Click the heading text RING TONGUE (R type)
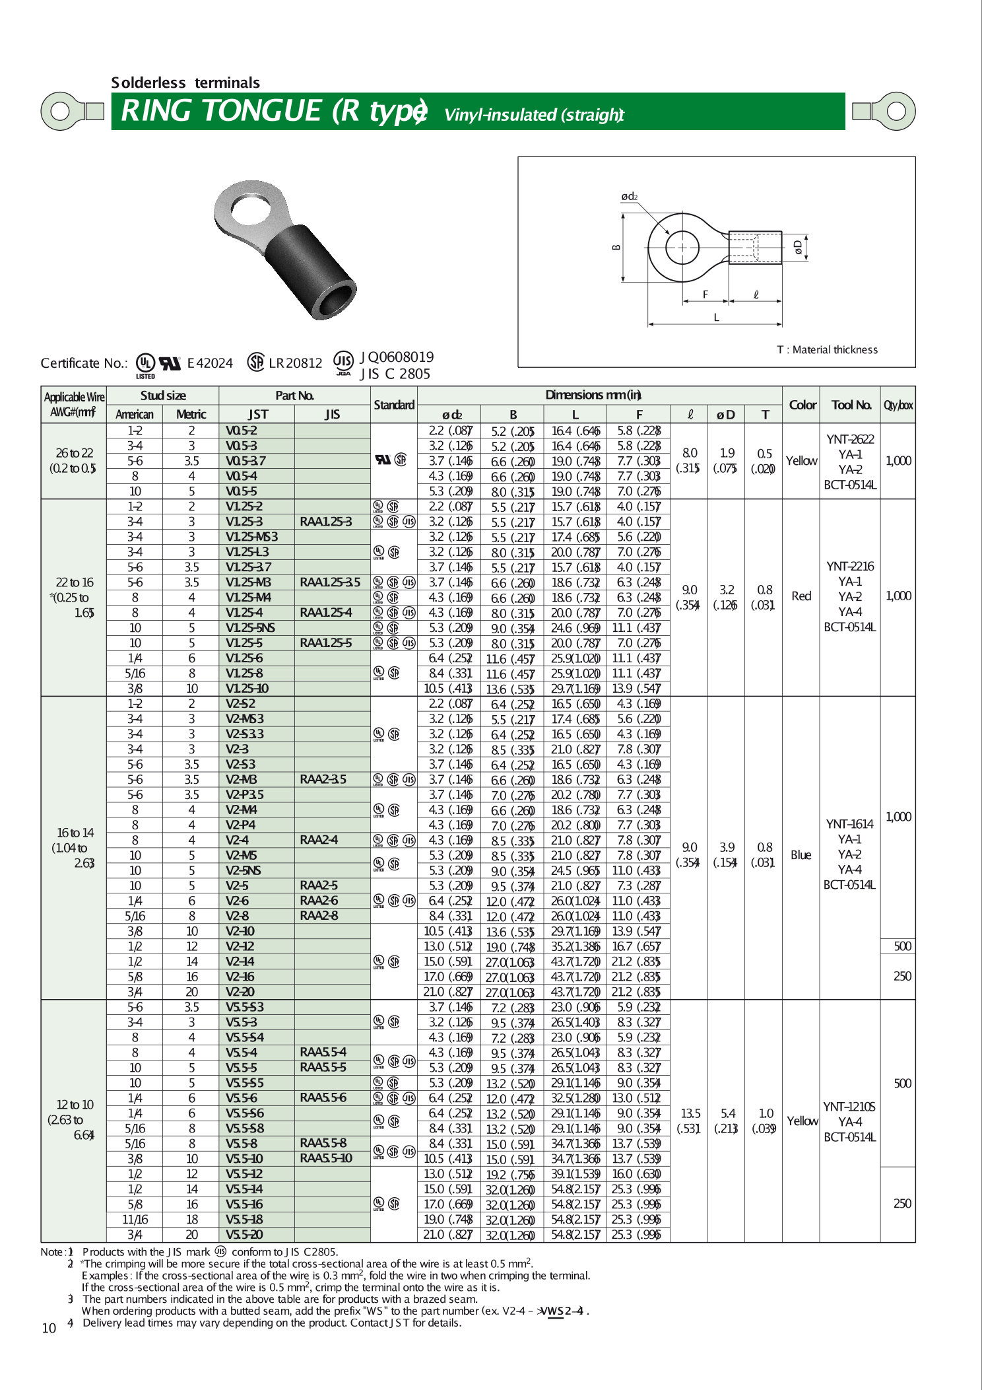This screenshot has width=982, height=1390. click(274, 111)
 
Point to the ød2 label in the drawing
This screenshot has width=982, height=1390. click(629, 196)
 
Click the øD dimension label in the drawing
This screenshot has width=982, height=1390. click(799, 247)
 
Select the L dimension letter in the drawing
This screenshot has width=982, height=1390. click(716, 317)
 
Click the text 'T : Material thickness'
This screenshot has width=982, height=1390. click(827, 349)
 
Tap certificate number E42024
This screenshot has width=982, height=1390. click(210, 363)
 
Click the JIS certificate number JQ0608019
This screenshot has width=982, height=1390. click(396, 357)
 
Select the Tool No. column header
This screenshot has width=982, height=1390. click(850, 405)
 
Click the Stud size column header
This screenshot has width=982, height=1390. click(162, 396)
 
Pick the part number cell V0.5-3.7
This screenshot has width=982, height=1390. click(245, 461)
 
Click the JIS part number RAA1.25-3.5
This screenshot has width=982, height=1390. click(330, 582)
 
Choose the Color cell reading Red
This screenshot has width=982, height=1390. click(801, 596)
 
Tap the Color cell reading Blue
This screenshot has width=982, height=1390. click(801, 855)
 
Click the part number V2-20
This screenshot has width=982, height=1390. click(240, 992)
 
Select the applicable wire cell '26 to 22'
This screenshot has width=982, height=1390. click(74, 453)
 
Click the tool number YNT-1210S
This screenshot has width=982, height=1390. click(849, 1107)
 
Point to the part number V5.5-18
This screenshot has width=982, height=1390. click(244, 1220)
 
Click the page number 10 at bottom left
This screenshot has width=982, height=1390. click(49, 1328)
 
